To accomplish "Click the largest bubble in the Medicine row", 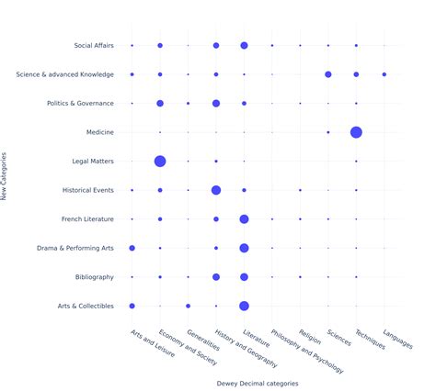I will coord(356,132).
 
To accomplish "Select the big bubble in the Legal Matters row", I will coord(160,162).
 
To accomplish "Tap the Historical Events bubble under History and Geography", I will coord(216,190).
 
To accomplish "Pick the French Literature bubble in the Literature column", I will coord(244,219).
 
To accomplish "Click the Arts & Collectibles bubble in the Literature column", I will coord(244,306).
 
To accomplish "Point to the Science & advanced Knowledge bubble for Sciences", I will coord(328,74).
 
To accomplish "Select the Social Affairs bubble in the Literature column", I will coord(244,45).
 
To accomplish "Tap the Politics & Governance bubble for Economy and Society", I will coord(160,104).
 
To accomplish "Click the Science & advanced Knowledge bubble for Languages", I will coord(384,74).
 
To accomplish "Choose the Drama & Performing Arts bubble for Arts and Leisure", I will coord(132,248).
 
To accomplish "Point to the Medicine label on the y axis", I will coord(99,132).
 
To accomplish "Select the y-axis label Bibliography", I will coord(95,277).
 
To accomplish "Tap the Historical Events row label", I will coord(87,190).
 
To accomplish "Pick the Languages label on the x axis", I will coord(396,338).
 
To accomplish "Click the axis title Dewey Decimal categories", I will coord(258,384).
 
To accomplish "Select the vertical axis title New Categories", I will coord(6,175).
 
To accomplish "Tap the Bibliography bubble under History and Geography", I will coord(216,277).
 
